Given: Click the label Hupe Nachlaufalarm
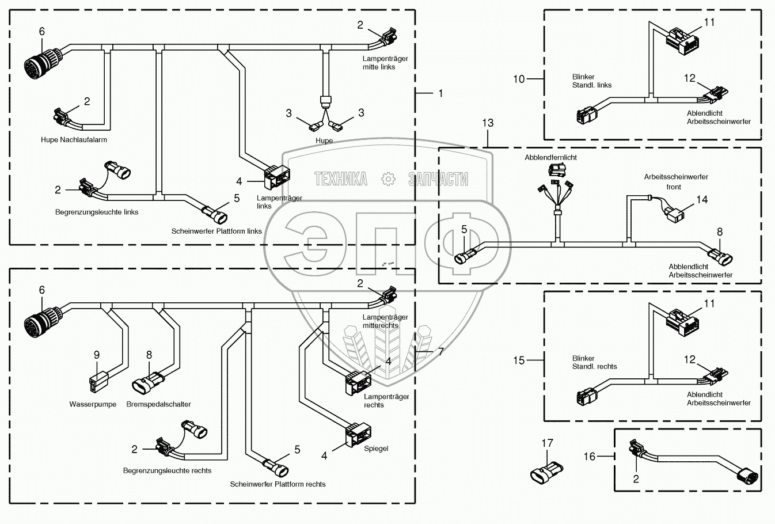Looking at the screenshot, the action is click(x=74, y=140).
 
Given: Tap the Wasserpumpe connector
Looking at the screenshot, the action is click(x=98, y=382).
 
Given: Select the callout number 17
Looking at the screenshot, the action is click(x=547, y=443).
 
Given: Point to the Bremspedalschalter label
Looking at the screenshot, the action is click(x=158, y=404).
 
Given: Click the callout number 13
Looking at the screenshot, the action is click(x=488, y=123).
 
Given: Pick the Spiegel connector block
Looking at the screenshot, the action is click(x=359, y=434).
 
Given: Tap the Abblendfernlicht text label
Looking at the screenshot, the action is click(x=551, y=157).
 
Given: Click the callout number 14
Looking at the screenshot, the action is click(x=702, y=200).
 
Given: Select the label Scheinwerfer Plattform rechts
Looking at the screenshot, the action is click(x=278, y=484).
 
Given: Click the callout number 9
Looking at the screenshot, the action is click(x=97, y=355).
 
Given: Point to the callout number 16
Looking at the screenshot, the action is click(x=590, y=457).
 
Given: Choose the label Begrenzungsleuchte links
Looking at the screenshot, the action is click(x=97, y=212).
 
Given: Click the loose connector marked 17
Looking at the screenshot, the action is click(x=546, y=472).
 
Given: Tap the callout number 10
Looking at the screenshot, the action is click(x=519, y=79).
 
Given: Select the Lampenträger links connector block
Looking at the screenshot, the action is click(x=277, y=177).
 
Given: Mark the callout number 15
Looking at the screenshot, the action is click(x=519, y=360).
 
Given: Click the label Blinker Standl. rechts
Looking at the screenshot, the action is click(x=594, y=362).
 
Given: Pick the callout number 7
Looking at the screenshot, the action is click(x=441, y=352).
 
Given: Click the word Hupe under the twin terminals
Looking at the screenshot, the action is click(x=324, y=141).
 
